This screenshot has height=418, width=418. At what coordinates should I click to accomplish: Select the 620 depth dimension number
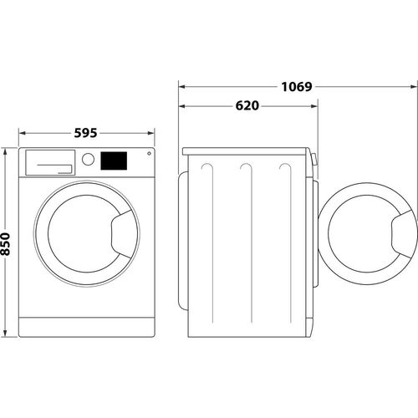(247, 106)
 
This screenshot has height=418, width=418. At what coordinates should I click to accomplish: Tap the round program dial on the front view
(88, 160)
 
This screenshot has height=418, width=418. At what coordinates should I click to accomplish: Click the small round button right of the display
(149, 152)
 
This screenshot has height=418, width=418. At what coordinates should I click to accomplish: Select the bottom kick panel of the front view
(87, 325)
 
